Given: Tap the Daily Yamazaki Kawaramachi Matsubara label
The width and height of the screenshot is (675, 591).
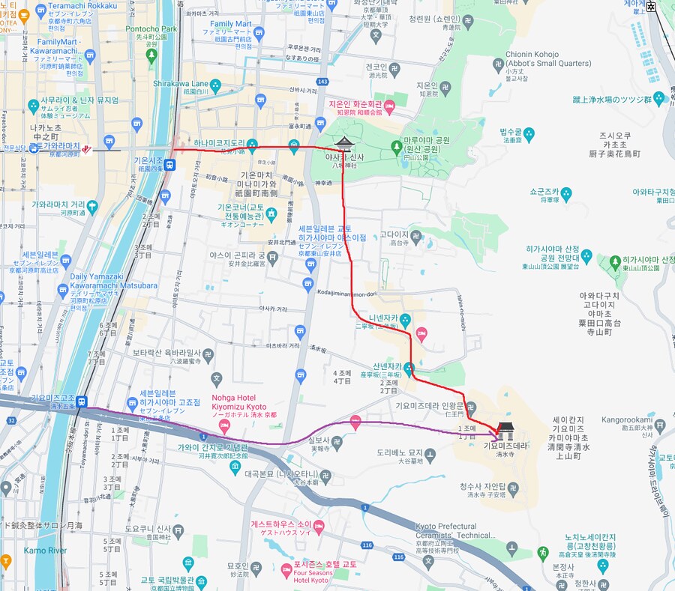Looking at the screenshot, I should [x=114, y=281].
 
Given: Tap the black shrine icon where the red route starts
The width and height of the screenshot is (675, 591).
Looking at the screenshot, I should [x=343, y=144].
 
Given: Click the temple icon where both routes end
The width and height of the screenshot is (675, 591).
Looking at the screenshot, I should [x=505, y=431].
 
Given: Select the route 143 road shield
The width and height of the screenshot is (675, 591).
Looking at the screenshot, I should [x=323, y=82].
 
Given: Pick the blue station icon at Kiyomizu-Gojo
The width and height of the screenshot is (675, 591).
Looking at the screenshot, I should [x=80, y=401].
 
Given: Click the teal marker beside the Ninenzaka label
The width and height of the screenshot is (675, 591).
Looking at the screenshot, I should [x=406, y=321].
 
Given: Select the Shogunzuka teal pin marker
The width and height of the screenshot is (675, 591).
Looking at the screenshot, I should [x=566, y=195].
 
